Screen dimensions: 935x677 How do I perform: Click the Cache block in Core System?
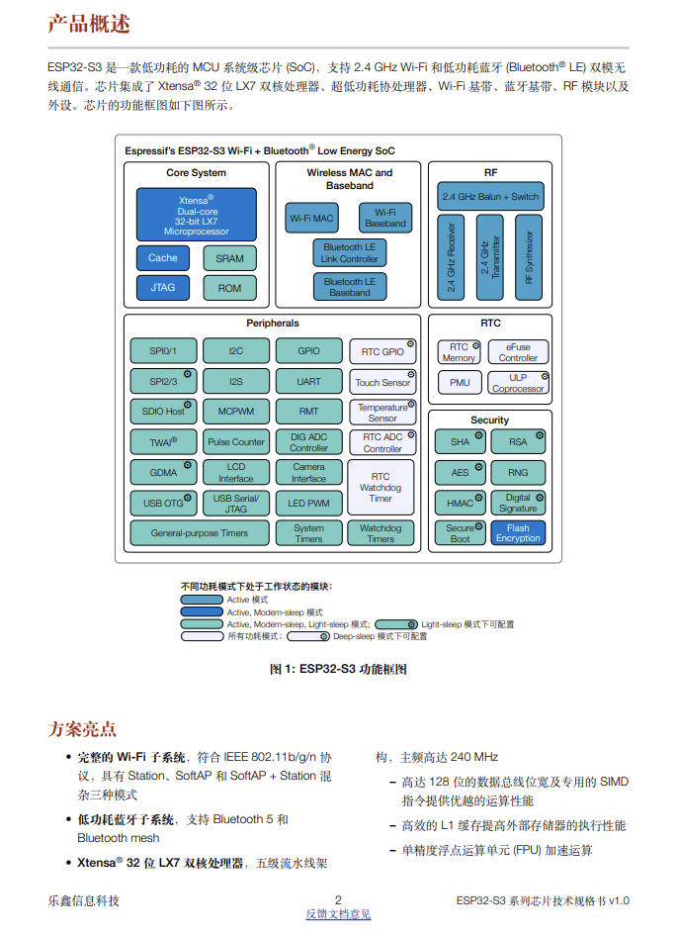[x=163, y=258]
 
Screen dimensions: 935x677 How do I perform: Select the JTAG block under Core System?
[x=163, y=288]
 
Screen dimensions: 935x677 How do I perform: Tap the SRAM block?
[x=229, y=258]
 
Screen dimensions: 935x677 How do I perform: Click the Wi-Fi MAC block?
[x=311, y=218]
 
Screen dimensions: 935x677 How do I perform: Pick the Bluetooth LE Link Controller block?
[x=350, y=253]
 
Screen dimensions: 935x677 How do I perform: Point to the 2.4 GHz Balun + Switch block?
[x=490, y=196]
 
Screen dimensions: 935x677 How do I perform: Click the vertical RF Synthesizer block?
[x=529, y=258]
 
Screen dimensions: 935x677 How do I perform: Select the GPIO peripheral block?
[x=308, y=351]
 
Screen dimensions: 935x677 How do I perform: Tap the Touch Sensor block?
[x=382, y=382]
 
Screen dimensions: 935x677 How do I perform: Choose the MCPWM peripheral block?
[x=235, y=412]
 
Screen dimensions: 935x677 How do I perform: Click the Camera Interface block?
[x=308, y=472]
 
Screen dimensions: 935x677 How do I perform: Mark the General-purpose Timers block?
[x=200, y=533]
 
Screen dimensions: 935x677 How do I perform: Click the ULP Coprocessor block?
[x=518, y=383]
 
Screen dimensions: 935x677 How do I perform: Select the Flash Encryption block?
[x=518, y=533]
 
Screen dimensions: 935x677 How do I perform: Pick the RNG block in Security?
[x=518, y=473]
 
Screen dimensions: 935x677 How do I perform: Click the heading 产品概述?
[x=89, y=24]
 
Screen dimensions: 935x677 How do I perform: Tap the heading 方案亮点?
[x=82, y=729]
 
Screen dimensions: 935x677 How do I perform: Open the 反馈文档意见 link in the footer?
[x=338, y=914]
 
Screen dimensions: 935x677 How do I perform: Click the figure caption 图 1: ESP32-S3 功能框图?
[x=338, y=670]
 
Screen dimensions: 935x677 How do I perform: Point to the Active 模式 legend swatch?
[x=202, y=600]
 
